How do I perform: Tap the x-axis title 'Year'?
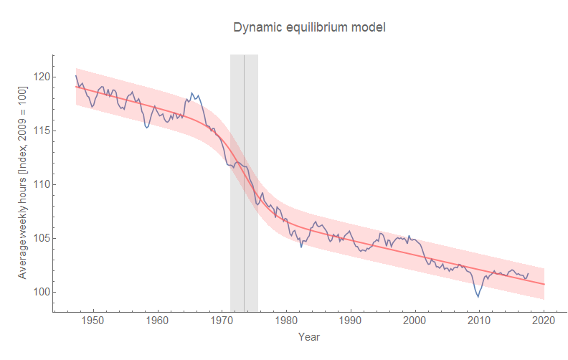(x=309, y=336)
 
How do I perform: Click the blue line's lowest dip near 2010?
(x=478, y=296)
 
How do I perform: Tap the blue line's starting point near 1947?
(x=76, y=76)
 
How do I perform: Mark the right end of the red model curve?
(x=544, y=285)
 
